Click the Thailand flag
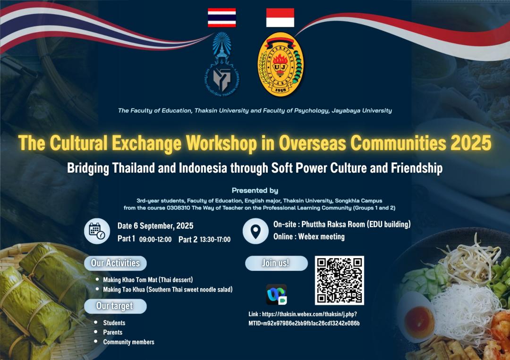pos(222,17)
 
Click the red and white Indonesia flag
pos(280,17)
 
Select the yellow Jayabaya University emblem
pos(280,64)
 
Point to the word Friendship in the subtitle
pos(416,168)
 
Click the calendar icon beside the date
pos(97,231)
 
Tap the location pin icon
pos(255,231)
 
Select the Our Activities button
pos(115,263)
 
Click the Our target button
pos(115,306)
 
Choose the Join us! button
pos(276,263)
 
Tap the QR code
pos(339,280)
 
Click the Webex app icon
pos(276,294)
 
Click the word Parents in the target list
pos(112,332)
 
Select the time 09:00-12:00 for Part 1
pos(155,240)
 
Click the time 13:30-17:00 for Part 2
pos(215,240)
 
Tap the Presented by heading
pos(255,191)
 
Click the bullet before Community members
pos(95,341)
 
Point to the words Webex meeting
pos(322,236)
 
